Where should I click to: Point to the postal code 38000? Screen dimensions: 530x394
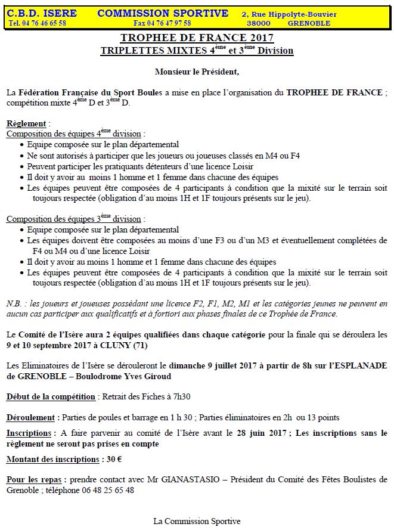click(x=258, y=23)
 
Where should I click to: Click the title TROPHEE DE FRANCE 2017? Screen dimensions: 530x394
click(x=197, y=39)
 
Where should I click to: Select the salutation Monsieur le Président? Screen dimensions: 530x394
click(x=197, y=72)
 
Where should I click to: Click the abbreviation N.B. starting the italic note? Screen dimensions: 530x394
click(x=15, y=303)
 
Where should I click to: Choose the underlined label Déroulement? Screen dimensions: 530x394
click(x=30, y=417)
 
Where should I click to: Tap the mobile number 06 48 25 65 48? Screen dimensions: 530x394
click(x=108, y=490)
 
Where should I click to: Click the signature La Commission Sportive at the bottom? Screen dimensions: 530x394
click(x=197, y=520)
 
